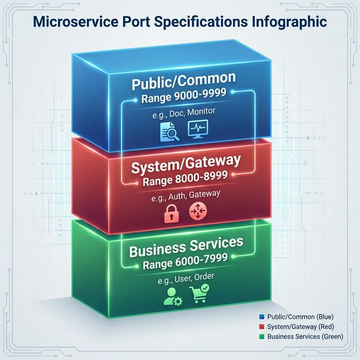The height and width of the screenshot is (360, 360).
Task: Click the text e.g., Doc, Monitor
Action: click(184, 115)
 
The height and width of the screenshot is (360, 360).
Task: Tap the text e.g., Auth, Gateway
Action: click(186, 195)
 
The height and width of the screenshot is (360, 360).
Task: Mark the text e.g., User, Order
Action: click(186, 277)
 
